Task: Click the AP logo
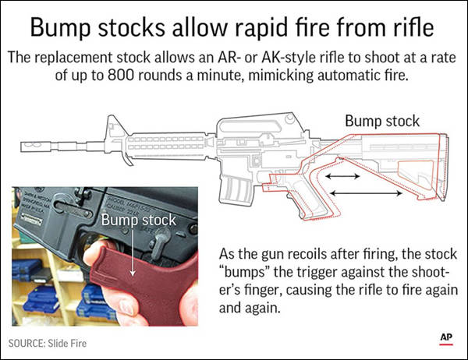pos(446,339)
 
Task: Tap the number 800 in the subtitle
pos(121,75)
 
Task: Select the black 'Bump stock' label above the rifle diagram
pos(382,121)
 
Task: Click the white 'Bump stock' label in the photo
pos(139,220)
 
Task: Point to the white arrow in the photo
pos(133,252)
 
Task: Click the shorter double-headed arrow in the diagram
pos(342,176)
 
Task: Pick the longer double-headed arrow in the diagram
pos(367,193)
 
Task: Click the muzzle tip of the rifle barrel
pos(22,146)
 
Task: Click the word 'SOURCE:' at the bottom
pos(27,344)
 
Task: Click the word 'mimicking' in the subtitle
pos(281,76)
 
